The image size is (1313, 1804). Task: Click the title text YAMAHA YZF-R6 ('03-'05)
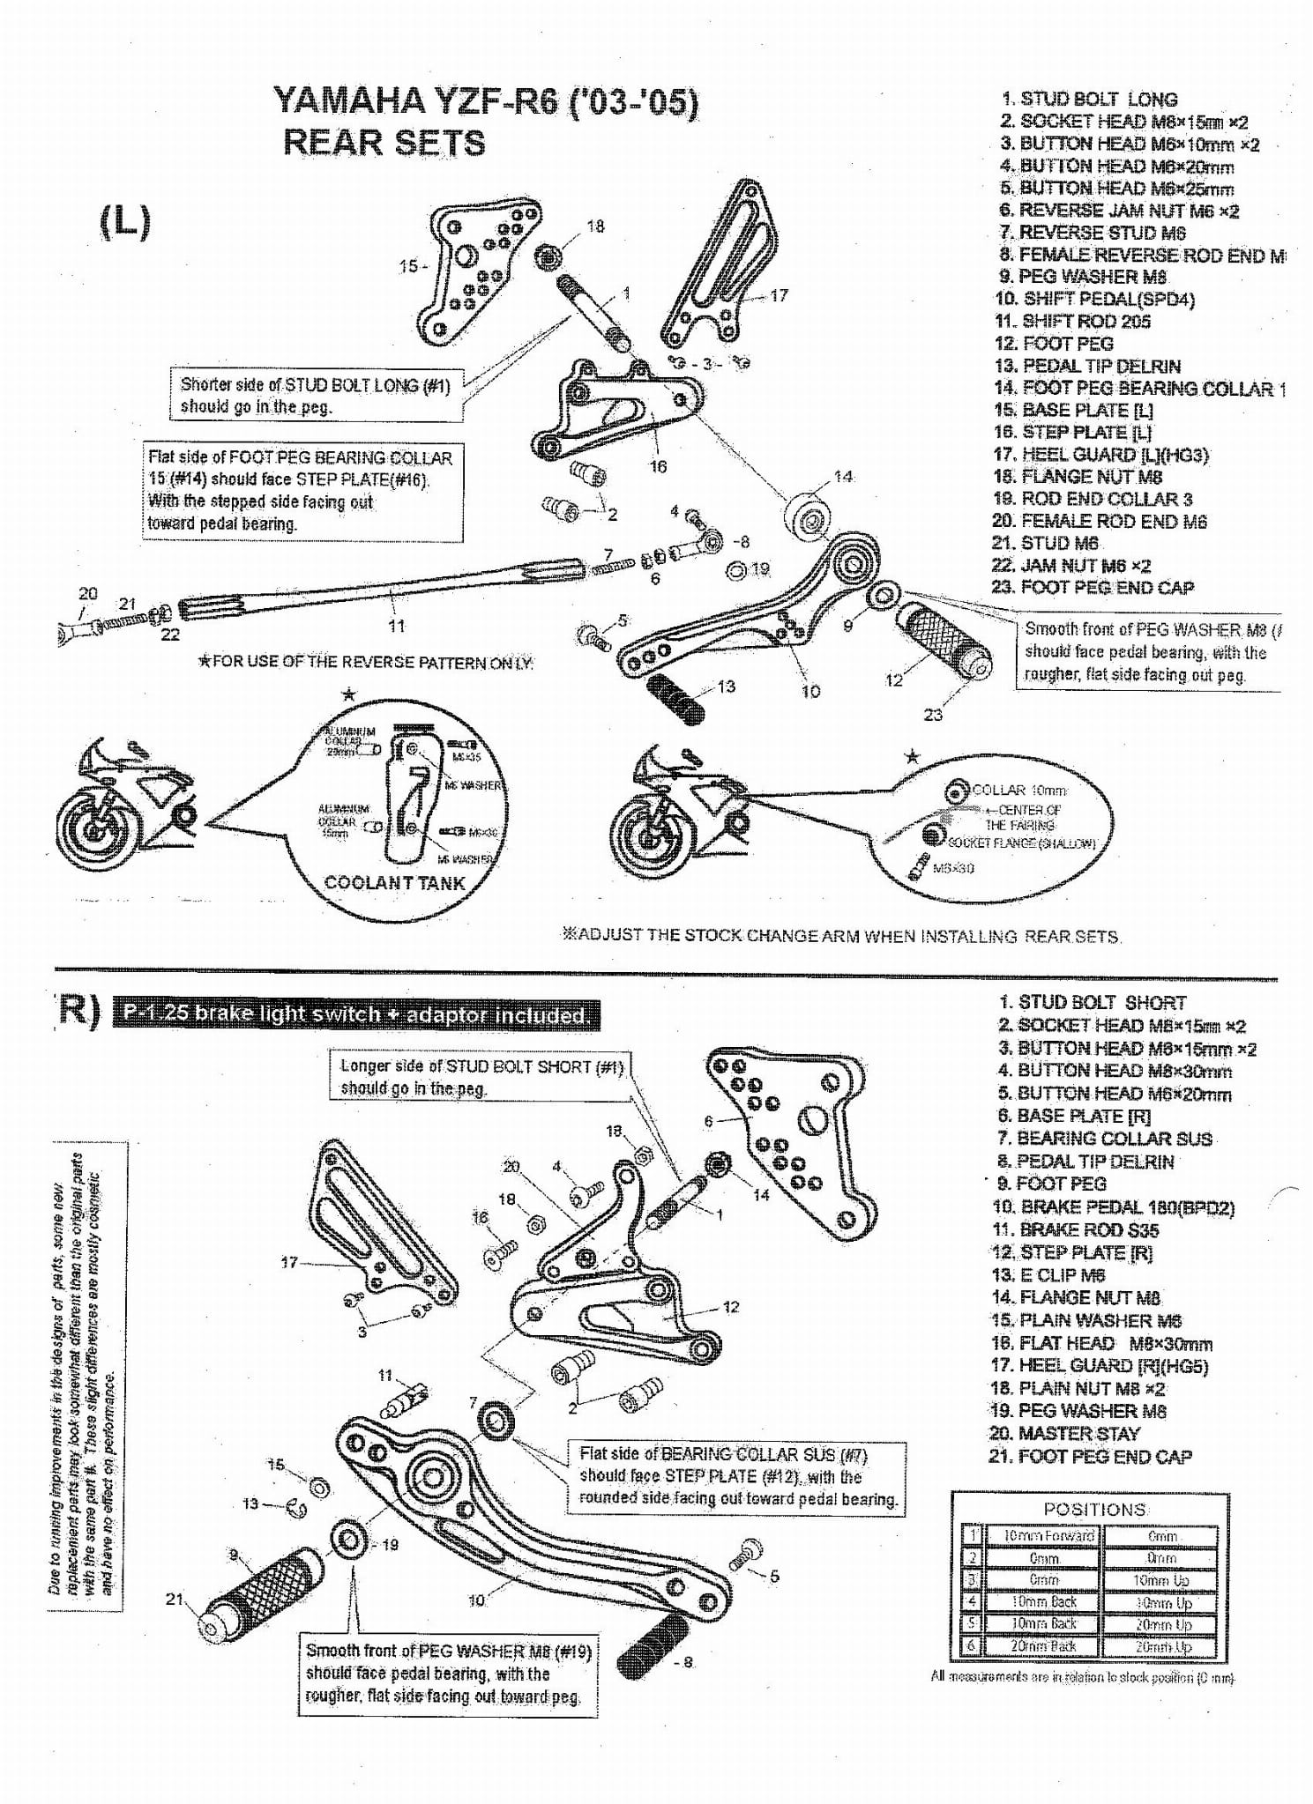click(486, 102)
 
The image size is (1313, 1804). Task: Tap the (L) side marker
click(124, 221)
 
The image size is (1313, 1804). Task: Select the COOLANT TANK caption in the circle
click(394, 882)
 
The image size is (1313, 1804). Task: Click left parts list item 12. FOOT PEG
click(1055, 344)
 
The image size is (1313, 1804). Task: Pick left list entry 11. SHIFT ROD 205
click(1073, 322)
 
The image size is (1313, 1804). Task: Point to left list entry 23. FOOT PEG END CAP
click(1093, 588)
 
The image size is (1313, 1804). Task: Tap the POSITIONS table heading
click(1094, 1509)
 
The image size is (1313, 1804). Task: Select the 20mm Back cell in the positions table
click(1043, 1645)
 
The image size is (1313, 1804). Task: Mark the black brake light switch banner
click(357, 1014)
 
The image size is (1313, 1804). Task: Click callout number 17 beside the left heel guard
click(779, 296)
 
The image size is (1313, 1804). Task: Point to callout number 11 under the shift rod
click(397, 626)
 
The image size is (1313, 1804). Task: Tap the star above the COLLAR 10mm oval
click(913, 757)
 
